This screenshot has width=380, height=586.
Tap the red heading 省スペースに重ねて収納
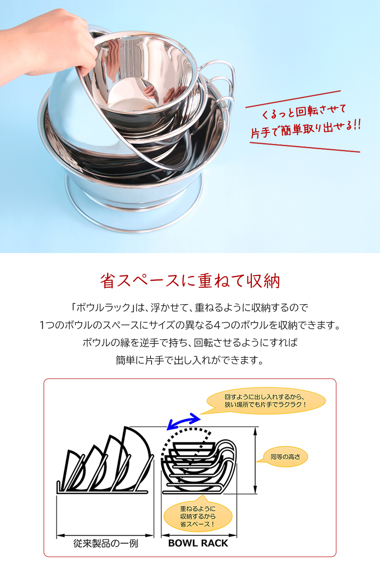pyautogui.click(x=190, y=281)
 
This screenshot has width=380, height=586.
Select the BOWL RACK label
pyautogui.click(x=198, y=543)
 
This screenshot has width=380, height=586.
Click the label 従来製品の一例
pyautogui.click(x=106, y=543)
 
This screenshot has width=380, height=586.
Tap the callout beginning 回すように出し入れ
pyautogui.click(x=265, y=401)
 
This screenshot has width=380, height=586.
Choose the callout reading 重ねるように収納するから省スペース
pyautogui.click(x=198, y=516)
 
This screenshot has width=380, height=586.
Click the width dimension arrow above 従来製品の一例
pyautogui.click(x=105, y=535)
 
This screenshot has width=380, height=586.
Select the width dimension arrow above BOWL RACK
pyautogui.click(x=199, y=535)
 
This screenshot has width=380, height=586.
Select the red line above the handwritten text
pyautogui.click(x=293, y=99)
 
